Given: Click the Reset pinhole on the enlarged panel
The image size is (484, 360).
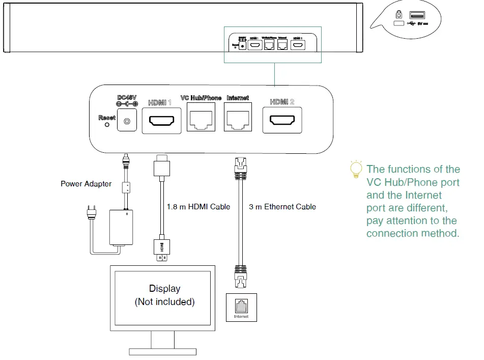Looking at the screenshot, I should (106, 124).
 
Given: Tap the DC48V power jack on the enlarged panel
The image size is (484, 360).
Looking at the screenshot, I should (127, 122).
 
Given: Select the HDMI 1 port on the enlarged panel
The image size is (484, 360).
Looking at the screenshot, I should (161, 121).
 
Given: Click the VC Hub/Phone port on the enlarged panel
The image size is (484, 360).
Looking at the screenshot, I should (201, 120).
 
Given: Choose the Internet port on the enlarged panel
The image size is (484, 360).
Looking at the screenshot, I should (238, 120).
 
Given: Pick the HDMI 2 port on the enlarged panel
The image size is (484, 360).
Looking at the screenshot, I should (282, 121).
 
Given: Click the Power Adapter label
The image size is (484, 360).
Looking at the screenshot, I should (86, 184).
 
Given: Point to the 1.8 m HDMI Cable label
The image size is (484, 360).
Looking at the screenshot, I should (198, 207).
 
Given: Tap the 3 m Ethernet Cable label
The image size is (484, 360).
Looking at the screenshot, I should (282, 207).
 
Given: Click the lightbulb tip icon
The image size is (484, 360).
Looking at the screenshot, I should (355, 170).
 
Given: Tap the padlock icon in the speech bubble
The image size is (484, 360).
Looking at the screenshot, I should (398, 15).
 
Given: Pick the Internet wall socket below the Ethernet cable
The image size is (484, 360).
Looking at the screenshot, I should (241, 306).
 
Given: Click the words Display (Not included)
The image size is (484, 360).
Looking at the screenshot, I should (164, 295).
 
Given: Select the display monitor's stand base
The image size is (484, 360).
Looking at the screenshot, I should (162, 351).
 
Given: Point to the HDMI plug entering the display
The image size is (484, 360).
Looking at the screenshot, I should (162, 251).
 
